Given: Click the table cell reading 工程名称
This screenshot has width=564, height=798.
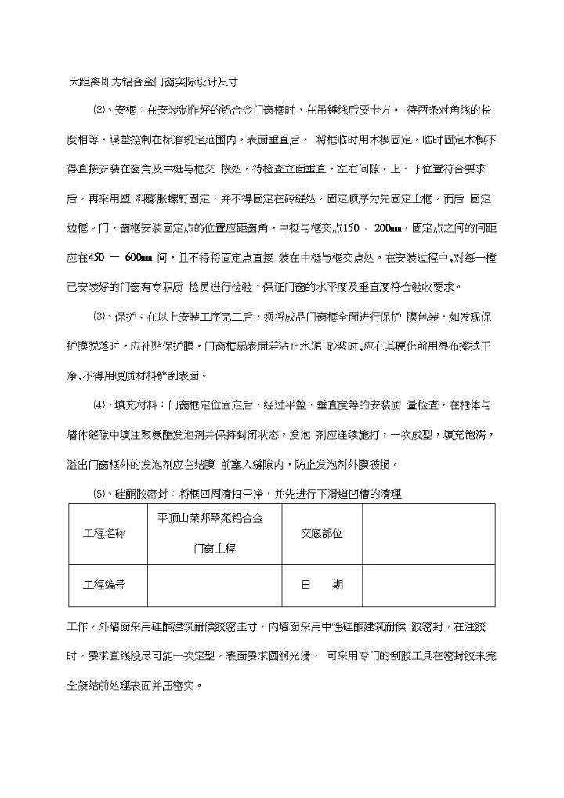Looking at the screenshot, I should pos(103,533).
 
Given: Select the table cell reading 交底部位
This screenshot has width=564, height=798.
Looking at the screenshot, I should pos(321,533).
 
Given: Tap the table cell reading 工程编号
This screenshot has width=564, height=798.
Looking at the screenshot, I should pos(103,585).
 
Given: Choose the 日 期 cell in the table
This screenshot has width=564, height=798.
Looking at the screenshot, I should pos(321,585).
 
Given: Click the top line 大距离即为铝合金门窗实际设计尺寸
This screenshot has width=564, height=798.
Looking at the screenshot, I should pos(154,81).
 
